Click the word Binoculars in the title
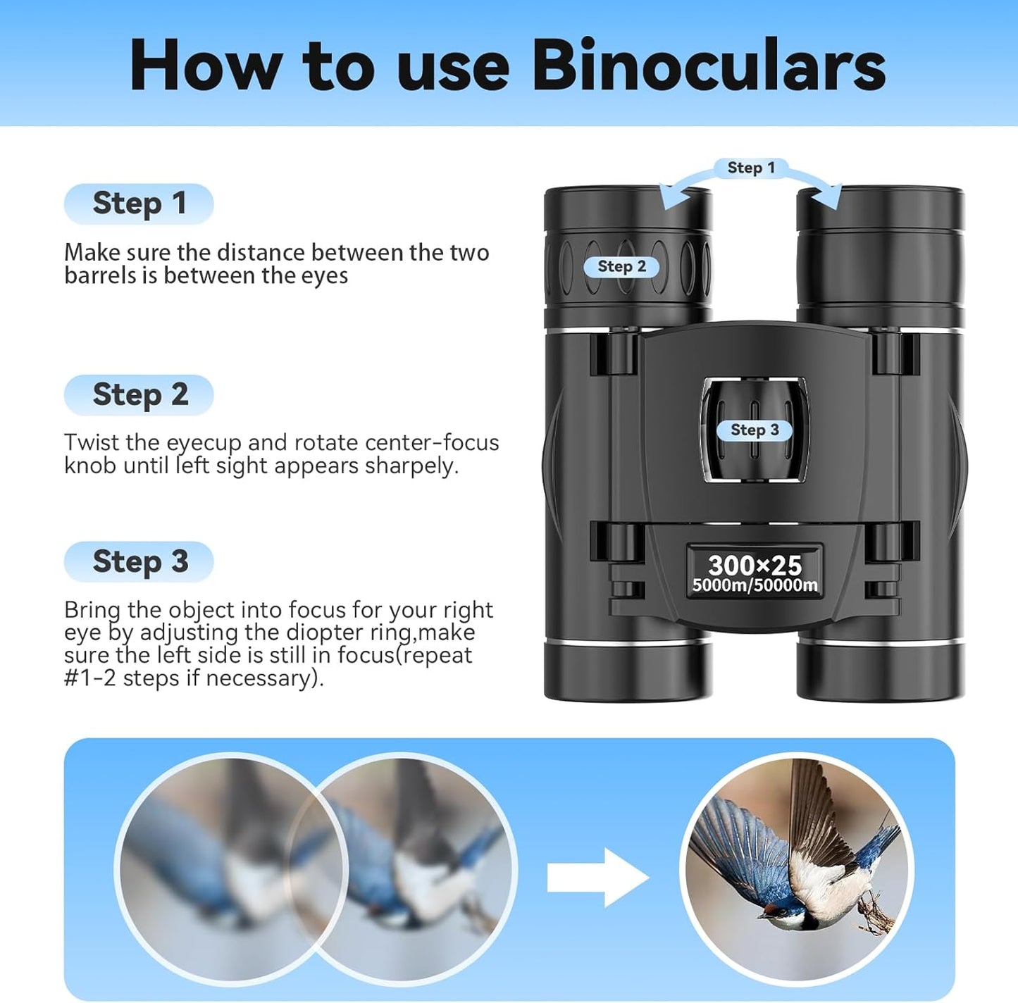tap(708, 65)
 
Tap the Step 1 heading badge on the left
tap(139, 204)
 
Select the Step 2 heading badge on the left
tap(139, 394)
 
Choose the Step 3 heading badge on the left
tap(139, 561)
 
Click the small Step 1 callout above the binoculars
tap(750, 168)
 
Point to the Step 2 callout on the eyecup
tap(621, 266)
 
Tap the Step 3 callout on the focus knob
tap(754, 430)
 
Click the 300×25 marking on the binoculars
tap(755, 564)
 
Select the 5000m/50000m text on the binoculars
tap(755, 585)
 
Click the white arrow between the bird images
tap(597, 877)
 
